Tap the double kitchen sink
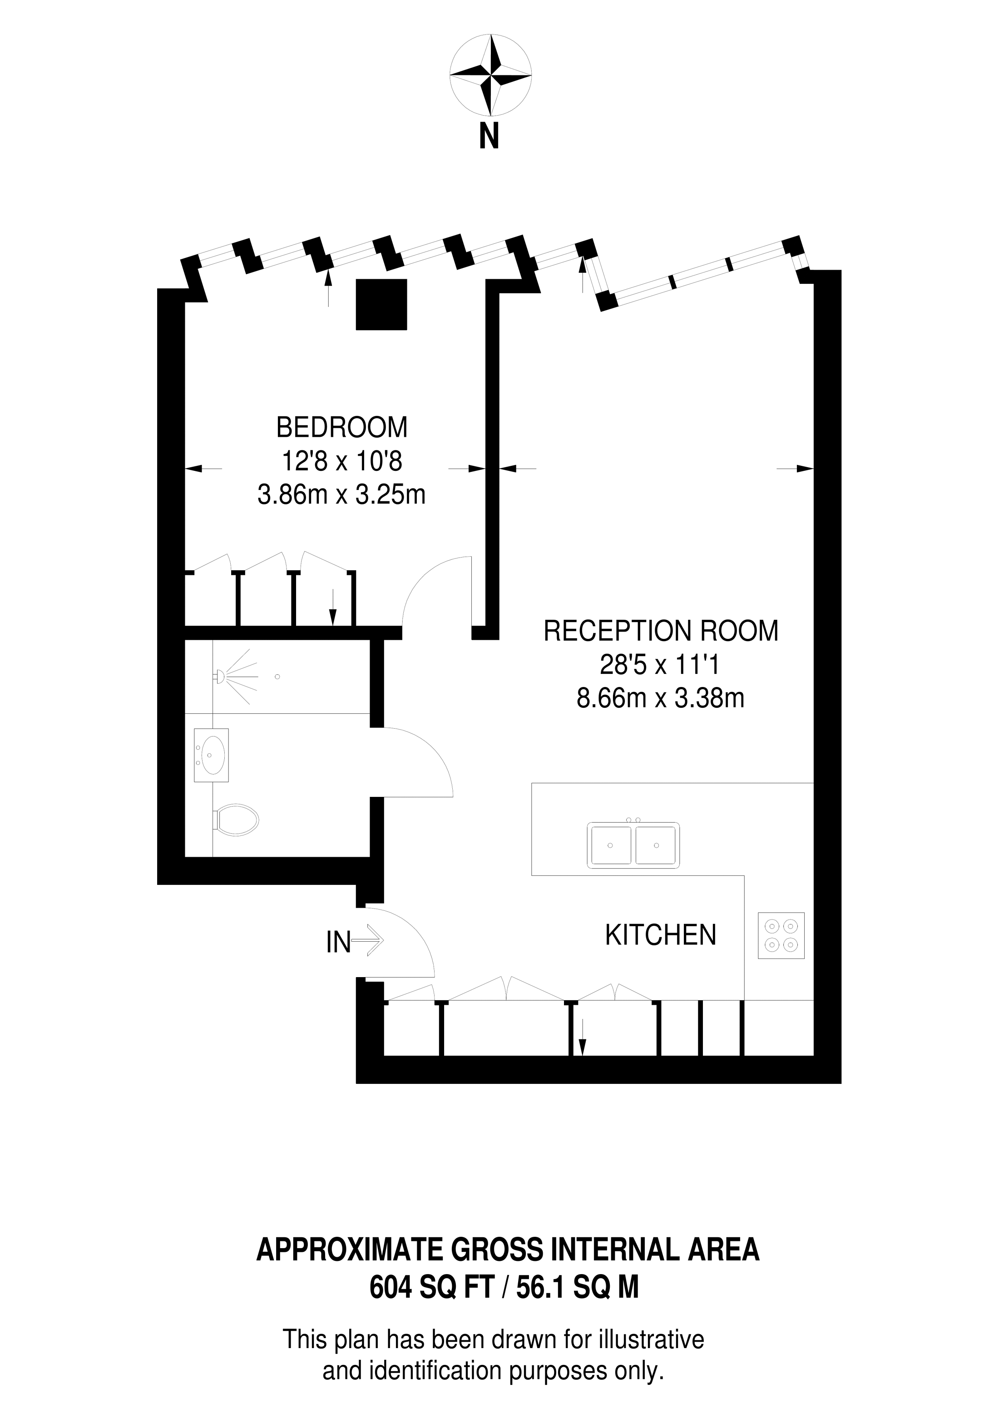pyautogui.click(x=633, y=845)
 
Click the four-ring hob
pyautogui.click(x=781, y=935)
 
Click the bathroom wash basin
pyautogui.click(x=212, y=755)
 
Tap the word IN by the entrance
pyautogui.click(x=338, y=942)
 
